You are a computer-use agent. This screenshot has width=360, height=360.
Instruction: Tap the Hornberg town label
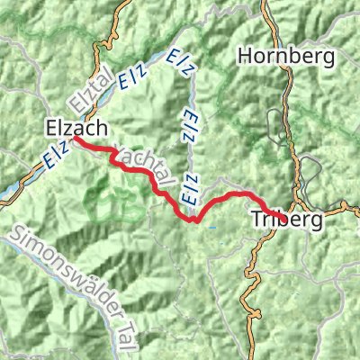(287, 56)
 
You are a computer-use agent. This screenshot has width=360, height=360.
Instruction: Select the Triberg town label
(287, 219)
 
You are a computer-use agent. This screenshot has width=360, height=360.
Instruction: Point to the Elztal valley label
(85, 88)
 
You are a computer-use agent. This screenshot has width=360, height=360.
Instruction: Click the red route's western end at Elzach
(74, 139)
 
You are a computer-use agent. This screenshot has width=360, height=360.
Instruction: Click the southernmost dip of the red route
(192, 220)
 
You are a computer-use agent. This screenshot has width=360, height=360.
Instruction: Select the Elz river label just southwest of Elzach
(56, 158)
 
